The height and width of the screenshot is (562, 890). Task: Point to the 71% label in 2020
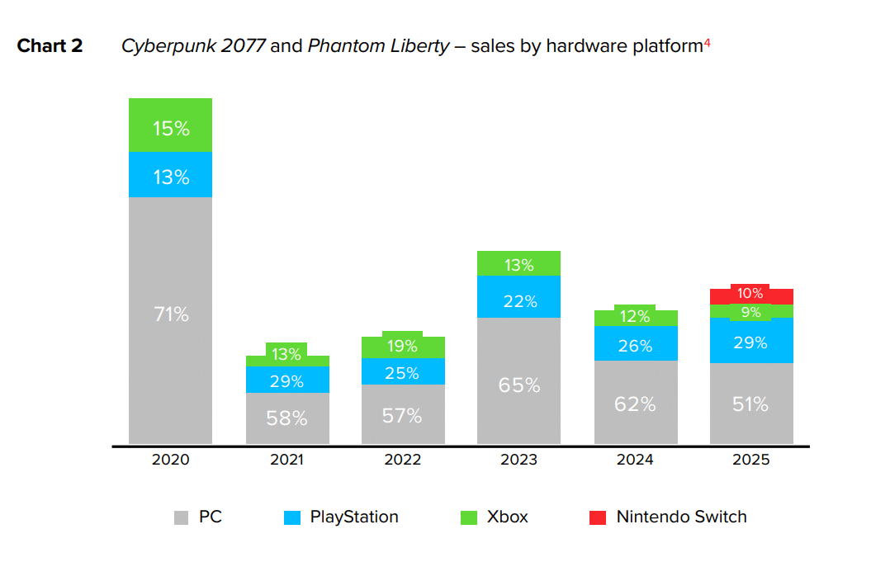click(171, 314)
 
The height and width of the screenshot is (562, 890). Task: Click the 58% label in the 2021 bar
click(286, 418)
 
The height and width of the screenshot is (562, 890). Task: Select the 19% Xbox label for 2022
click(403, 347)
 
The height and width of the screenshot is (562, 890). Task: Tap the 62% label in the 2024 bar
click(635, 404)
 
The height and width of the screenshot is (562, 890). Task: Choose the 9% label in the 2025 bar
click(751, 312)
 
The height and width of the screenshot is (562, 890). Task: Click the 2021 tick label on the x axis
click(286, 460)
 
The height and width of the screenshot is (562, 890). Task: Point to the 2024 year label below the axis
click(635, 460)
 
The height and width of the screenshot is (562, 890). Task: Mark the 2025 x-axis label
click(751, 460)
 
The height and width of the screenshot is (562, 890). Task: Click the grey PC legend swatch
click(182, 518)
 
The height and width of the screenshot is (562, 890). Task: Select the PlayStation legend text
click(354, 517)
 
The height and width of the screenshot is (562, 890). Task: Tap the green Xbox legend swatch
click(468, 518)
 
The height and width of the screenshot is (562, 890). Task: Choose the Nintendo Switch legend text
click(681, 517)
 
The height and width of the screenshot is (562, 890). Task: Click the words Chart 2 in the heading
click(50, 46)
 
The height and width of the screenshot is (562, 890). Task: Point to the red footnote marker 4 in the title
click(707, 43)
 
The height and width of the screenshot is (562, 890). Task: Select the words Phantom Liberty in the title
click(378, 46)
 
